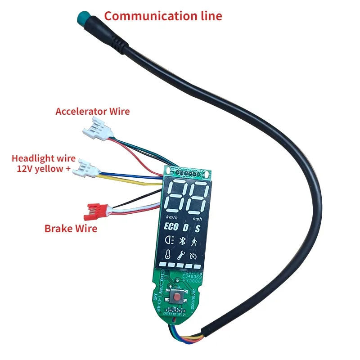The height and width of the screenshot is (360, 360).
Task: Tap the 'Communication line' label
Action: (163, 16)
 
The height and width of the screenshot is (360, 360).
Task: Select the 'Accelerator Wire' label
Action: (92, 111)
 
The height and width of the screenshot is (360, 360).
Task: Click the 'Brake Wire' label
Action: (71, 228)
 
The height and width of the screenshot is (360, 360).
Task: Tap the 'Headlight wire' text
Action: (44, 159)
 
